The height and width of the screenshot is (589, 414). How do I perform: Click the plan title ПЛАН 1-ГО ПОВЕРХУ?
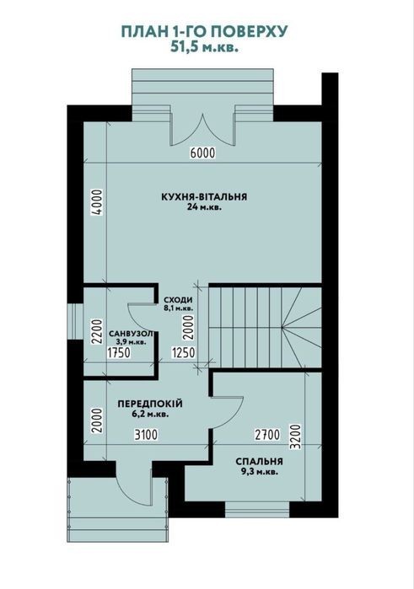[205, 32]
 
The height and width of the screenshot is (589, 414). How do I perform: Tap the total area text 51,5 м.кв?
[205, 47]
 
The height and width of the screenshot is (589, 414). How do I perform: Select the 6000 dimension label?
[202, 153]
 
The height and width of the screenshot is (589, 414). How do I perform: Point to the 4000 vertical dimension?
[97, 201]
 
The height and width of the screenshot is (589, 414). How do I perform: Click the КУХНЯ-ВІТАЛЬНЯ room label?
[204, 197]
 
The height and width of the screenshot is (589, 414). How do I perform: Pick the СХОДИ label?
[178, 300]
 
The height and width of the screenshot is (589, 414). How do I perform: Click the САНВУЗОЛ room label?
[131, 334]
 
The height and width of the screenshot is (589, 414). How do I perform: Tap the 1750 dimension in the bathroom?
[119, 353]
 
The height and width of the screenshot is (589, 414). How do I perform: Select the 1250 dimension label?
[184, 353]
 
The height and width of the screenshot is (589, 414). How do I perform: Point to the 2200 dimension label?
[97, 332]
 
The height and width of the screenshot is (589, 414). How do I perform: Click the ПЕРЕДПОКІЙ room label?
[150, 404]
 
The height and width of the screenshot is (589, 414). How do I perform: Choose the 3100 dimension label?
[146, 435]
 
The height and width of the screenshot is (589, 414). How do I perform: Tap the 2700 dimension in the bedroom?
[267, 435]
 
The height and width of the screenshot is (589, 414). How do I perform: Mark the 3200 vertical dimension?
[296, 436]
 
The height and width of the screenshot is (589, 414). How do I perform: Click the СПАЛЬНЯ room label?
[259, 462]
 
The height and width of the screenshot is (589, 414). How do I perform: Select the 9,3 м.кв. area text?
[259, 472]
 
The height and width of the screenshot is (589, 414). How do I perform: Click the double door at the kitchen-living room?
[202, 130]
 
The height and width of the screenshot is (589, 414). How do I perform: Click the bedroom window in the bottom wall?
[257, 509]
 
